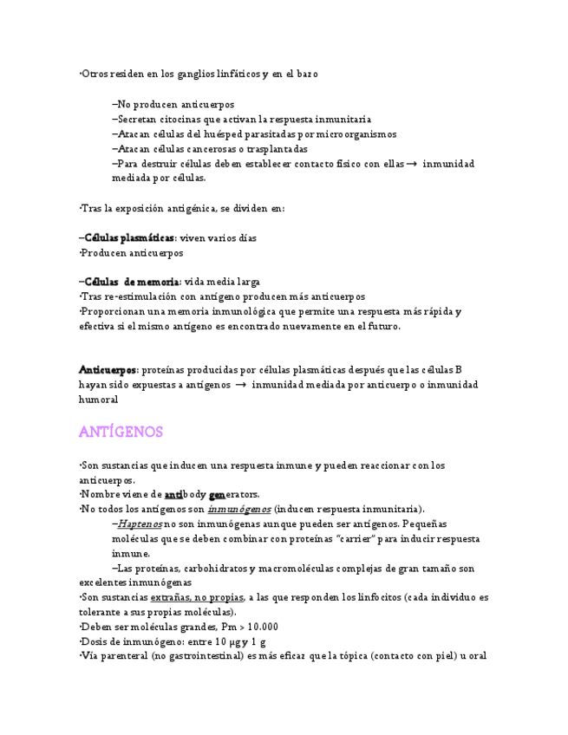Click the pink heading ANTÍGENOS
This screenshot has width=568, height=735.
[x=121, y=432]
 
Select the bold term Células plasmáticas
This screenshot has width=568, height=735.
[x=129, y=237]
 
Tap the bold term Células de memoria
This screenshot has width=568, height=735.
[x=131, y=282]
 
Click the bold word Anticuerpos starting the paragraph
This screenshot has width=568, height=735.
[x=108, y=370]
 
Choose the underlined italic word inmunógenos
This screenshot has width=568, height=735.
[x=238, y=509]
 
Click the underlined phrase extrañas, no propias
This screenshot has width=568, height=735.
[x=197, y=598]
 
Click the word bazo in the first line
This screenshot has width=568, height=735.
[x=305, y=75]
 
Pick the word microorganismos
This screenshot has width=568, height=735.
[x=356, y=134]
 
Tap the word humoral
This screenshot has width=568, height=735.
[x=98, y=400]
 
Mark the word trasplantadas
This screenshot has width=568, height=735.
[x=277, y=149]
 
